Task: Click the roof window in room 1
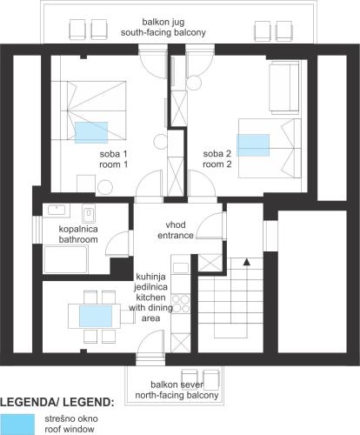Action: click(x=91, y=132)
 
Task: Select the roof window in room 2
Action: click(x=253, y=145)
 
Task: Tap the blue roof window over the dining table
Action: click(x=96, y=316)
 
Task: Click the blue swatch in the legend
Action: click(x=17, y=425)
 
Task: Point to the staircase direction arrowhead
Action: click(x=247, y=262)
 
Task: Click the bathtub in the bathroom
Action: click(x=65, y=259)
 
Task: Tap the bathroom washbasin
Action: click(x=57, y=210)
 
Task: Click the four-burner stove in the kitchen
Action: click(x=181, y=303)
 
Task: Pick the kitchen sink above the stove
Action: click(x=180, y=268)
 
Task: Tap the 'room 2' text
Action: click(x=217, y=164)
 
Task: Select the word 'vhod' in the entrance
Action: click(x=176, y=224)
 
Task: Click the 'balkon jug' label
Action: click(x=163, y=22)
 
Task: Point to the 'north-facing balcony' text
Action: click(x=177, y=395)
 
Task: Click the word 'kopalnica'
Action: click(x=78, y=229)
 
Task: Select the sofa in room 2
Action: click(x=284, y=87)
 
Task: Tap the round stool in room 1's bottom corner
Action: click(x=105, y=188)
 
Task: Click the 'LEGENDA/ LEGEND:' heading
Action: click(x=57, y=403)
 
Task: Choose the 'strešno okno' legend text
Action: click(x=71, y=418)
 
